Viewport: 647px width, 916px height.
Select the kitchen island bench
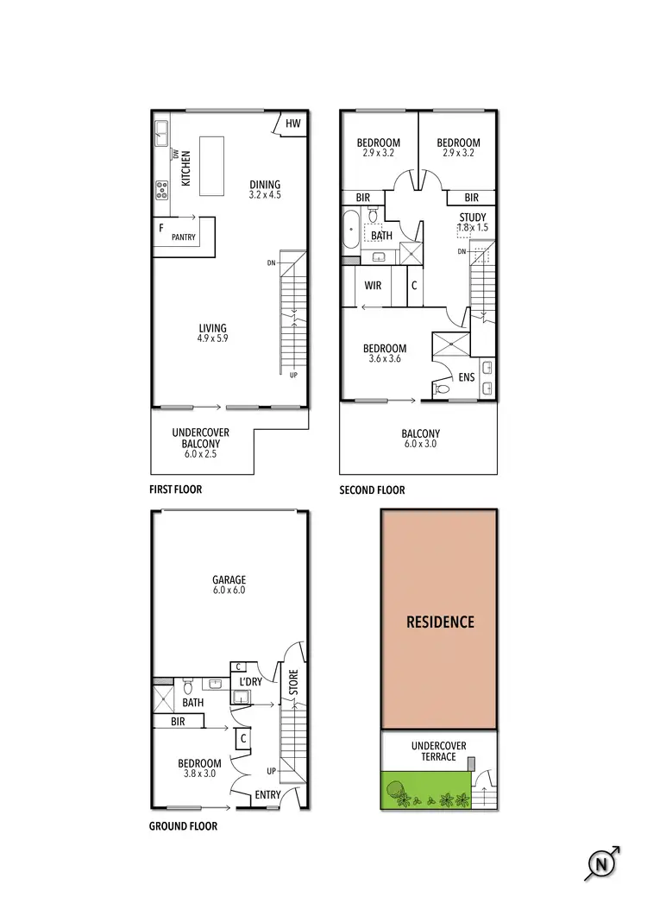pyautogui.click(x=211, y=166)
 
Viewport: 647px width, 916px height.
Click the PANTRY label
pyautogui.click(x=183, y=237)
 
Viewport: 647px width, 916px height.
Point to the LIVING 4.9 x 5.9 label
pyautogui.click(x=212, y=333)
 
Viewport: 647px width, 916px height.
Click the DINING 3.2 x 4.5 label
pyautogui.click(x=265, y=189)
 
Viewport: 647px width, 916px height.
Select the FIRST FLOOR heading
pyautogui.click(x=176, y=490)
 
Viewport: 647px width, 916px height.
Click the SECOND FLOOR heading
pyautogui.click(x=372, y=490)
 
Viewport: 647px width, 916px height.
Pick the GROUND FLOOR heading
pyautogui.click(x=183, y=826)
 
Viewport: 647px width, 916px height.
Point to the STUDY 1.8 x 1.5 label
pyautogui.click(x=473, y=222)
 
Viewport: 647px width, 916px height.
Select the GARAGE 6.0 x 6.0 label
pyautogui.click(x=230, y=585)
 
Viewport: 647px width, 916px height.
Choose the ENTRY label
pyautogui.click(x=267, y=795)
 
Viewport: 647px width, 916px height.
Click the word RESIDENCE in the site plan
pyautogui.click(x=440, y=622)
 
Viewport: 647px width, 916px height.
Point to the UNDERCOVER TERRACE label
pyautogui.click(x=439, y=750)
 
